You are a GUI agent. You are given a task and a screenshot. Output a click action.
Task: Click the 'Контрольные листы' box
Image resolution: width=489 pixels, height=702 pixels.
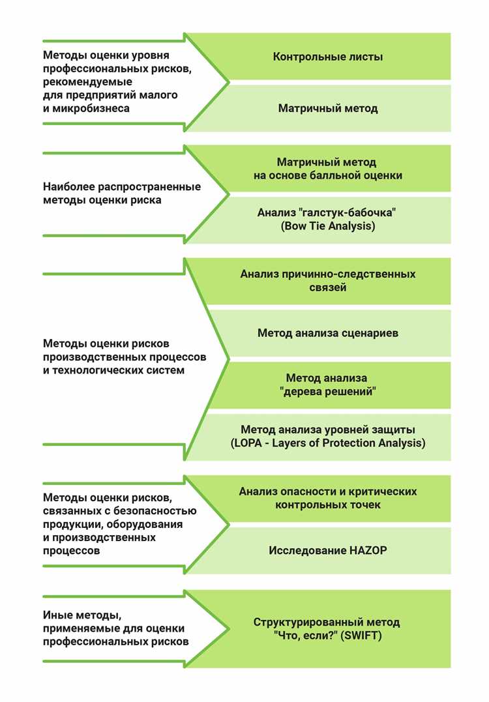(x=327, y=57)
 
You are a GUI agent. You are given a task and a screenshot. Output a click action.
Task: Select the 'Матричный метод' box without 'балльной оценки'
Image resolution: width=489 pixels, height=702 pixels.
(x=327, y=108)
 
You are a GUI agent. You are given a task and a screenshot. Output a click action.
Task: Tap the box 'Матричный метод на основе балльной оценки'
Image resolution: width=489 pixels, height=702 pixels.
(x=327, y=169)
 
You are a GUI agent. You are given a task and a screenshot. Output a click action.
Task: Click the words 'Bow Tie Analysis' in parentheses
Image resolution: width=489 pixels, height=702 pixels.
(x=327, y=226)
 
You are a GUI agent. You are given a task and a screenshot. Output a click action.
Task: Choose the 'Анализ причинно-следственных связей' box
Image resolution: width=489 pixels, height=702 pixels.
(x=327, y=281)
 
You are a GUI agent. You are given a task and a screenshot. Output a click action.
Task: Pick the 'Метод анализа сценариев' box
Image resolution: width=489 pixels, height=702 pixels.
(x=327, y=333)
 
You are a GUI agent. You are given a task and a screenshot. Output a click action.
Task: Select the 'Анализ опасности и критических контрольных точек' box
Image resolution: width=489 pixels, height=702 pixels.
(x=327, y=498)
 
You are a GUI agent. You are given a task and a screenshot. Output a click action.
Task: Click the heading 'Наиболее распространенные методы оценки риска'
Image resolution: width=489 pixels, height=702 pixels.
(x=121, y=194)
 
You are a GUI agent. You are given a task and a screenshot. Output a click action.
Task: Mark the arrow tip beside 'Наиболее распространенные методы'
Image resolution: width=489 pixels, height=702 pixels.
(x=228, y=193)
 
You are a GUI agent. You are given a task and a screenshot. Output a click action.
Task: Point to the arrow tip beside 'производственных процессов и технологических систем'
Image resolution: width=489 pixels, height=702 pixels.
(x=228, y=358)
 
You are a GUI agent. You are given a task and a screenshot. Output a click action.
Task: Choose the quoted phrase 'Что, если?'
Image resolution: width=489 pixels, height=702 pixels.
(x=298, y=635)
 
